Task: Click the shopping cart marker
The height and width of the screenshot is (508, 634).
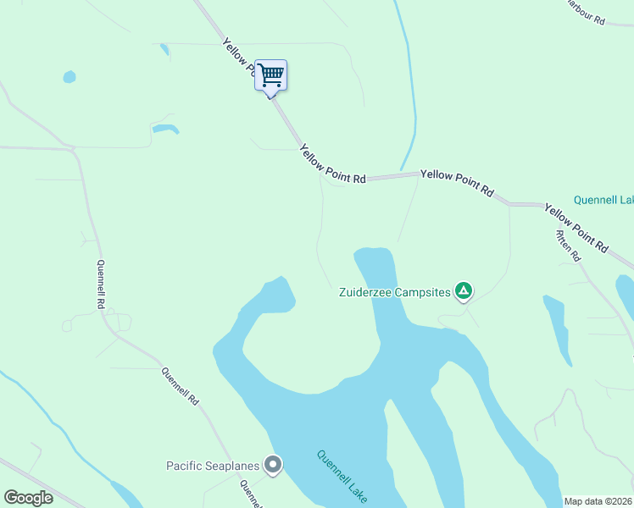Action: (271, 75)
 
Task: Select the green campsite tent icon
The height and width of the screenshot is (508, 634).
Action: (464, 292)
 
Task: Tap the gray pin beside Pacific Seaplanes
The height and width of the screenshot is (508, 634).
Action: (273, 465)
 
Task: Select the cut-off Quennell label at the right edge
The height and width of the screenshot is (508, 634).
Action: (603, 201)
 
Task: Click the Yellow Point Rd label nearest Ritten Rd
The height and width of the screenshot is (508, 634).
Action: (576, 228)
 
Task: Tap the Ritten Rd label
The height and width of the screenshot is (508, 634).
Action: (568, 246)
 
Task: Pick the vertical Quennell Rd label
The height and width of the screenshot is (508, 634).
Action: (101, 284)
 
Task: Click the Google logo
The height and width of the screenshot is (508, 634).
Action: (28, 498)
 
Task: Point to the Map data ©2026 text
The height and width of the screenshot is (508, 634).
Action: (597, 501)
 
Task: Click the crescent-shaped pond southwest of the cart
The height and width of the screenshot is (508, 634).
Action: (165, 130)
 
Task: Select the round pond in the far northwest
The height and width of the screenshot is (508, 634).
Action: (69, 77)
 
